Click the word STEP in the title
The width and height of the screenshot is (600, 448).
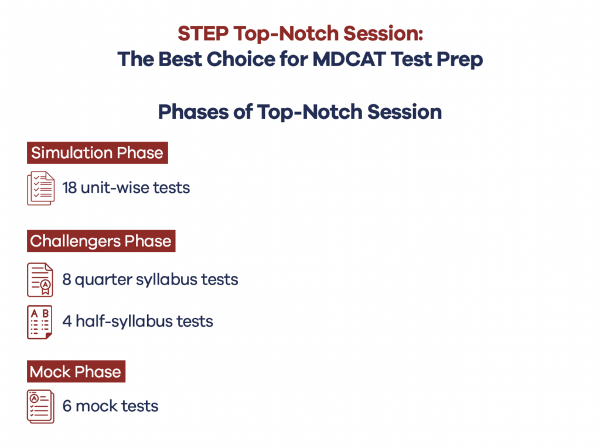click(x=203, y=33)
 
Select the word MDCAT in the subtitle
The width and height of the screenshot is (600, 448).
click(x=349, y=59)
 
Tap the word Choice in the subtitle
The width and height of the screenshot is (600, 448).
click(x=240, y=59)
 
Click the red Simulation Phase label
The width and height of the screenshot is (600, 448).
click(x=97, y=153)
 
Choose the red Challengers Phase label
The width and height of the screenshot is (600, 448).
click(x=101, y=241)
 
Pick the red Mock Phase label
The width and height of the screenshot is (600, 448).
click(x=76, y=371)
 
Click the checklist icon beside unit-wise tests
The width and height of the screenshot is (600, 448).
click(x=41, y=188)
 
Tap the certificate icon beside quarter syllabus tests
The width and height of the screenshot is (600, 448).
click(x=40, y=280)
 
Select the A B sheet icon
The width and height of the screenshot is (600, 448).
click(x=39, y=322)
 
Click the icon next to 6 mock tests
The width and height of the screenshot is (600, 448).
click(x=40, y=406)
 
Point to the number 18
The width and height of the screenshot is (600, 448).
click(x=69, y=188)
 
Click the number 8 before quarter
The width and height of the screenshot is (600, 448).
click(x=67, y=280)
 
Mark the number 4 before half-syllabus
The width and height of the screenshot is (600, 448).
click(x=67, y=322)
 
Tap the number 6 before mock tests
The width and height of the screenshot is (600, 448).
click(x=67, y=406)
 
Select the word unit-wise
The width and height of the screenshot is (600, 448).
click(x=115, y=188)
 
